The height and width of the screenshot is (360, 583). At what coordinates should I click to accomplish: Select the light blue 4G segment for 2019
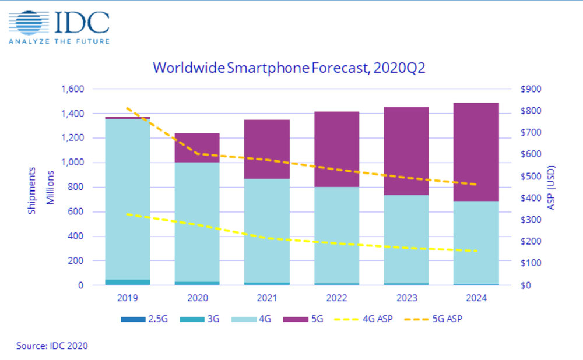coord(127,198)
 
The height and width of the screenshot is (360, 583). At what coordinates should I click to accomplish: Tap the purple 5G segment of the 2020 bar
coord(196,147)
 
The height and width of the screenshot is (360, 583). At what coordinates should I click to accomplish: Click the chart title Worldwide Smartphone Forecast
coord(289,68)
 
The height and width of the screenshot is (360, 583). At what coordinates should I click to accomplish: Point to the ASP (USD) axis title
coord(551,186)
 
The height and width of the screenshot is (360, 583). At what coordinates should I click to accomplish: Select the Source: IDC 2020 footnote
coord(52,345)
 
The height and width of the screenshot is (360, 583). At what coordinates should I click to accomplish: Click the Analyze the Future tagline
coord(58,41)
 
